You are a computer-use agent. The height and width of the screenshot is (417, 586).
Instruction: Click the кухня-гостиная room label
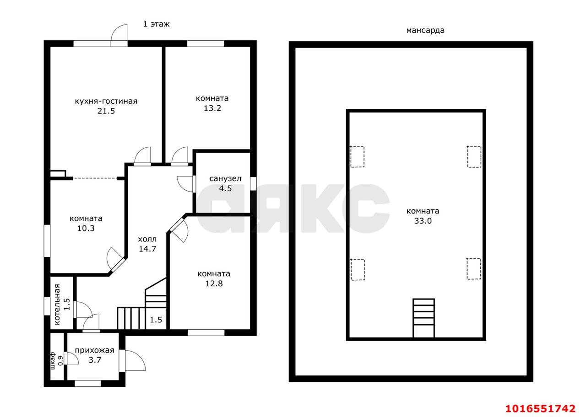pos(106,102)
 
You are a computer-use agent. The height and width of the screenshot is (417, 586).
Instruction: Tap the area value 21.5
pos(106,111)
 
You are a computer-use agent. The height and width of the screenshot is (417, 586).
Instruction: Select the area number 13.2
pos(212,108)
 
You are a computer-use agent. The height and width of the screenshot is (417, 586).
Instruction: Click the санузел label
pos(225,179)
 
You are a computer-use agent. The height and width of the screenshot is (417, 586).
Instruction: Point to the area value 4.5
pos(225,188)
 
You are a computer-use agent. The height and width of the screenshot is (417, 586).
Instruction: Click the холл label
pos(147,239)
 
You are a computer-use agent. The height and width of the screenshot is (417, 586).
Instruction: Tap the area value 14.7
pos(147,249)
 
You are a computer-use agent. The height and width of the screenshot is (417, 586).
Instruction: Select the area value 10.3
pos(86,228)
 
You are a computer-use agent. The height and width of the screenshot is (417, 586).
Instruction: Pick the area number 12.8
pos(214,283)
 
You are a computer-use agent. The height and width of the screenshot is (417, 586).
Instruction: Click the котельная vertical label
pos(57,304)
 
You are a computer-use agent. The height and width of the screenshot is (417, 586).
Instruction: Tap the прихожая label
pos(94,350)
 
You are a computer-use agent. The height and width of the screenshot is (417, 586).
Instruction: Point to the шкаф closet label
pos(53,361)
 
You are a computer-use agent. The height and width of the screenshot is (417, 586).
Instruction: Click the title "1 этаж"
pos(156,24)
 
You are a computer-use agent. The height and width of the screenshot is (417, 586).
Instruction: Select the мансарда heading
pos(425,30)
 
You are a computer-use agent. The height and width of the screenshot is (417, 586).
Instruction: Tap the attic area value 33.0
pos(423,221)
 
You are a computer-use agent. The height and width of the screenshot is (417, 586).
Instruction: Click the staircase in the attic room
pos(423,318)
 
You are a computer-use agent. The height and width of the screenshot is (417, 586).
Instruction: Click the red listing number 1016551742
pos(540,408)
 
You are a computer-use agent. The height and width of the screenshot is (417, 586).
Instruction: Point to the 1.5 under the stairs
pos(156,320)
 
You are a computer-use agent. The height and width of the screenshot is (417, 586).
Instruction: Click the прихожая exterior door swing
pos(135,361)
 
